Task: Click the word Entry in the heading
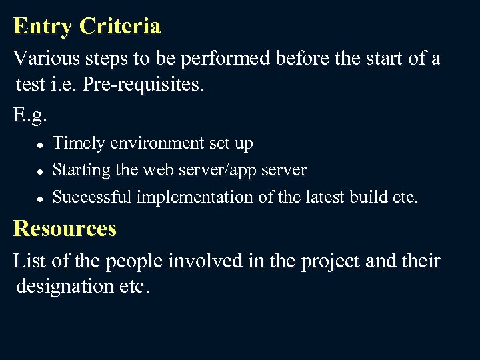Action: click(43, 27)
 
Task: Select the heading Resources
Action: click(65, 229)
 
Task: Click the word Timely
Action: click(79, 143)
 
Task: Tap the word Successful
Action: click(93, 197)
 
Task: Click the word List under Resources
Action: click(29, 261)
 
